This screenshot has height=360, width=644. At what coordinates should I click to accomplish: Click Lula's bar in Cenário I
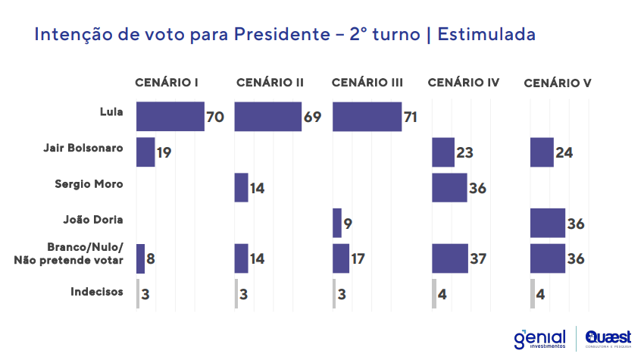pyautogui.click(x=170, y=117)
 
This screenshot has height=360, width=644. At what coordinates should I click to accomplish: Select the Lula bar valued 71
pyautogui.click(x=367, y=117)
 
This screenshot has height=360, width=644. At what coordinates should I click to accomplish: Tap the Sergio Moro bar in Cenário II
pyautogui.click(x=241, y=187)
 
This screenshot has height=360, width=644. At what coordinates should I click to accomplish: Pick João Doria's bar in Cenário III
pyautogui.click(x=337, y=223)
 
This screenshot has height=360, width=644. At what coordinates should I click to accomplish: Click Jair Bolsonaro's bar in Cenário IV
pyautogui.click(x=442, y=152)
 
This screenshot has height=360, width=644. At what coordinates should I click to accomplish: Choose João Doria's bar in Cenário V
pyautogui.click(x=547, y=223)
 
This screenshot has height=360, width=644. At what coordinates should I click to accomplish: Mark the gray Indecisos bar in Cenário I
pyautogui.click(x=138, y=293)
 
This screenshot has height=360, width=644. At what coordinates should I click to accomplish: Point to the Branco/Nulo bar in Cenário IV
pyautogui.click(x=449, y=258)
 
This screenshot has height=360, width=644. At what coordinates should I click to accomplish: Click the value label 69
pyautogui.click(x=312, y=117)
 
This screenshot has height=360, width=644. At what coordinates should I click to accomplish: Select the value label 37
pyautogui.click(x=479, y=259)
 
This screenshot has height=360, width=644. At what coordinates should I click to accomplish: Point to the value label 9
pyautogui.click(x=349, y=224)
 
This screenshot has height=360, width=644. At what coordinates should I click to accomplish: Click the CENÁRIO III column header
pyautogui.click(x=367, y=82)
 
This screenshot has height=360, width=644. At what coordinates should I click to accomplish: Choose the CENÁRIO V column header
pyautogui.click(x=558, y=83)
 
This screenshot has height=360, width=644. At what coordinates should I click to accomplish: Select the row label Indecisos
pyautogui.click(x=96, y=290)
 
